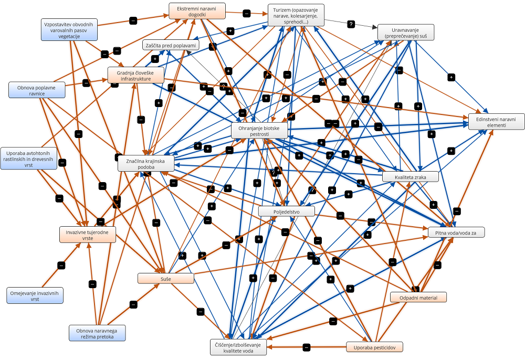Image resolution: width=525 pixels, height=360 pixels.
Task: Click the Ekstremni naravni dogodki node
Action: (x=197, y=12)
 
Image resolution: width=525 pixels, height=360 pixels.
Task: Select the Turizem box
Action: (x=296, y=15)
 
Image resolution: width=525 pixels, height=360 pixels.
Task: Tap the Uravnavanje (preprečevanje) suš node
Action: (x=406, y=33)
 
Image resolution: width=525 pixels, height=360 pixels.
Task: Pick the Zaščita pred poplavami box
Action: (x=171, y=45)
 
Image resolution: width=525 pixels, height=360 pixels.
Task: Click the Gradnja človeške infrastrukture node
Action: (x=136, y=75)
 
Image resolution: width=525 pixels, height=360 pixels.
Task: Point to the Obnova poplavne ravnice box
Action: (x=37, y=90)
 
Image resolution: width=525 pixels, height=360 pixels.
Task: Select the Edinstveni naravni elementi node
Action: (x=497, y=122)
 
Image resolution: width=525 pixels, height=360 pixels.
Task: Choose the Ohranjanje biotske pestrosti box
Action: (x=259, y=131)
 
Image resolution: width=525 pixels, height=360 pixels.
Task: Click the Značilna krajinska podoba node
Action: (x=146, y=163)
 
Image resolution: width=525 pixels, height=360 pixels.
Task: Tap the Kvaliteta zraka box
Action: (x=411, y=177)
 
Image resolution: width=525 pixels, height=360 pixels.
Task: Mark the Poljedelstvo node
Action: (x=287, y=211)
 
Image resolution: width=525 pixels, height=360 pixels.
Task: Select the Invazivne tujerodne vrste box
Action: (x=88, y=235)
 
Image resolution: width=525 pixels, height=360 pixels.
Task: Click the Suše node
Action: (x=166, y=279)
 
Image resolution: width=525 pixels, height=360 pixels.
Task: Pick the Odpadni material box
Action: (x=418, y=298)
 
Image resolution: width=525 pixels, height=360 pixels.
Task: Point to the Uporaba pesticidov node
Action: (x=374, y=347)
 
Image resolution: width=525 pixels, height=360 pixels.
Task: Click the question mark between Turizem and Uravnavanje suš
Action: (x=351, y=24)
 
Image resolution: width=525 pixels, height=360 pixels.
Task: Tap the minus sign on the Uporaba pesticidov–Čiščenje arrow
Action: (x=307, y=347)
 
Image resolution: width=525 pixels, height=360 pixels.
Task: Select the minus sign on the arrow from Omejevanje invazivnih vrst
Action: (x=61, y=266)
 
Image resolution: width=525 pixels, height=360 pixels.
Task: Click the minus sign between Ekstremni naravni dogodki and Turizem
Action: (x=246, y=14)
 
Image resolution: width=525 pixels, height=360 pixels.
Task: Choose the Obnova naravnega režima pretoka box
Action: (x=97, y=333)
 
